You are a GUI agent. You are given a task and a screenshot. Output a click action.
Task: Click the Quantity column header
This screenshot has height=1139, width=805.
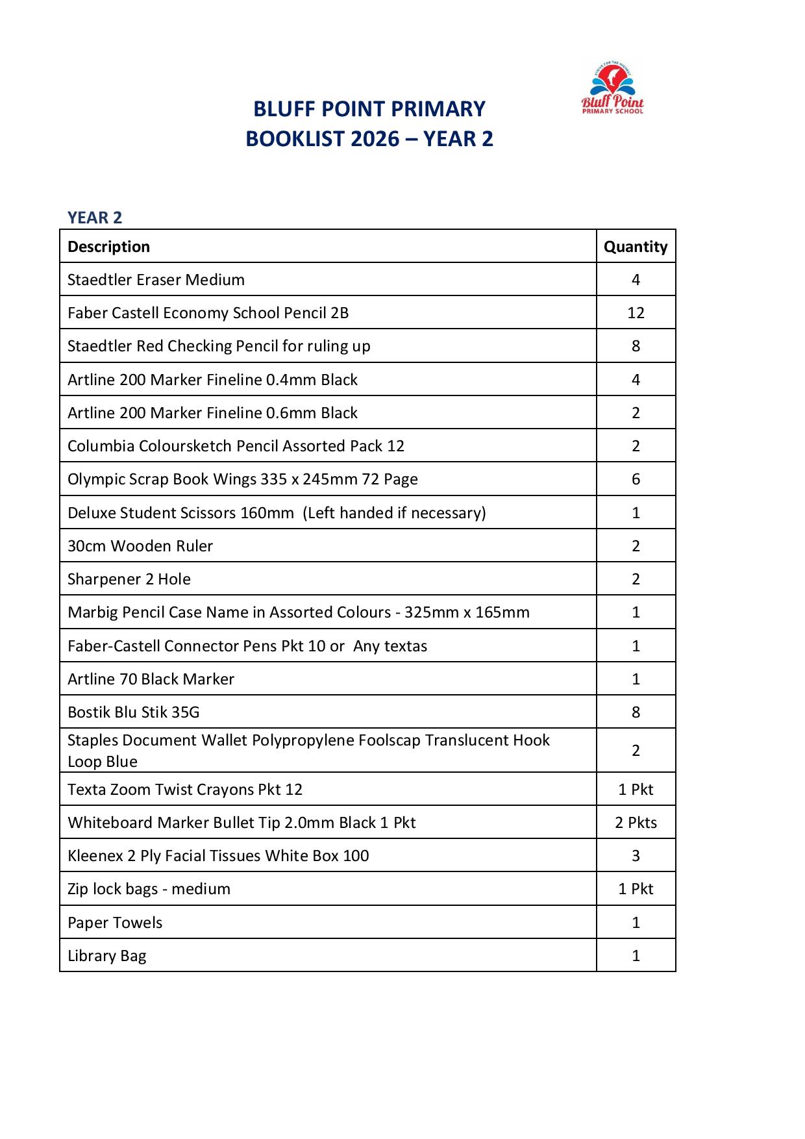(x=636, y=247)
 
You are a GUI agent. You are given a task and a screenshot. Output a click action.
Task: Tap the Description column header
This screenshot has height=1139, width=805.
(x=108, y=247)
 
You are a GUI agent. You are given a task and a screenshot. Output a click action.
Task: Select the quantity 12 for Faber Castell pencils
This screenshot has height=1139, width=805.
(x=636, y=313)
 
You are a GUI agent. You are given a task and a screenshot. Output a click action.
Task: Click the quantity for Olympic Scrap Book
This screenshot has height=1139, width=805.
(x=636, y=479)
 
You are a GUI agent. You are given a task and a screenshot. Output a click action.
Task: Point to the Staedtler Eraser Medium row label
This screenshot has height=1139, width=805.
(x=156, y=280)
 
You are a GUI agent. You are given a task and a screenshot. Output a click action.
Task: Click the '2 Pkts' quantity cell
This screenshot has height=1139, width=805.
(x=636, y=823)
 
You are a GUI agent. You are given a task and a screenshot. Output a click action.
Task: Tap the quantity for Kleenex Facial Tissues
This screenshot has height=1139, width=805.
(x=636, y=856)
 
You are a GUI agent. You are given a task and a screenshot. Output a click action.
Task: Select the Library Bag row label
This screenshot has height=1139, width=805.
(x=107, y=956)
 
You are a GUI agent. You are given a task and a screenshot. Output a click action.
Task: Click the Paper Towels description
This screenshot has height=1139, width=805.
(x=115, y=923)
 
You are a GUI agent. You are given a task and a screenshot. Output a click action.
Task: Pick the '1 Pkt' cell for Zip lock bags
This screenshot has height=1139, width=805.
(x=636, y=889)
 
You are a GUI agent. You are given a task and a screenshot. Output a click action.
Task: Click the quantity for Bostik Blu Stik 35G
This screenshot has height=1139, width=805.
(x=636, y=712)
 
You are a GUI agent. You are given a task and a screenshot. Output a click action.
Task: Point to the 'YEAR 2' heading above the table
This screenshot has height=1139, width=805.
(x=95, y=218)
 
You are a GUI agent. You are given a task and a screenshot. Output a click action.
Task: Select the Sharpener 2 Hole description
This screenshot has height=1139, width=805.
(x=129, y=579)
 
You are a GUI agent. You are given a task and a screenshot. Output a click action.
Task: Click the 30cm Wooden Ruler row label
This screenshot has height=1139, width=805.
(x=140, y=546)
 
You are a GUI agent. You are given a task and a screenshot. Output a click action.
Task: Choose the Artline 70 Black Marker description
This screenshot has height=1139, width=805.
(x=151, y=679)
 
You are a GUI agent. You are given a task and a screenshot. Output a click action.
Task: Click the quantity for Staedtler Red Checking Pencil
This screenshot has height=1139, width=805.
(x=636, y=346)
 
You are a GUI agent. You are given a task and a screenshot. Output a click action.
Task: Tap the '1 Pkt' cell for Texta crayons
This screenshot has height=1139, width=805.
(x=636, y=790)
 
